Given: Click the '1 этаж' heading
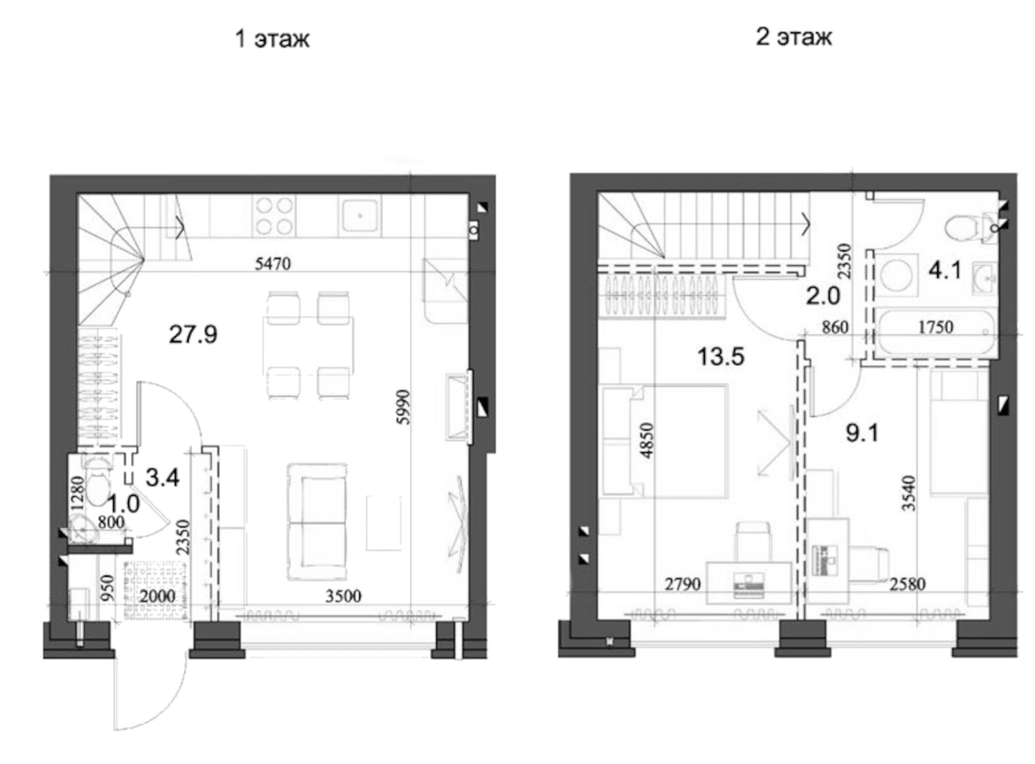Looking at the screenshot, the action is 272,38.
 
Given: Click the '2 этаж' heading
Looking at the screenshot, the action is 793,36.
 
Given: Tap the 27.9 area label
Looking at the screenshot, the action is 193,334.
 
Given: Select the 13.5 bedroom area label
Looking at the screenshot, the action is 720,356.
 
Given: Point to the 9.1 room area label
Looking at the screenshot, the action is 862,433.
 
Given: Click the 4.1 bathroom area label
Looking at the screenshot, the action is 945,269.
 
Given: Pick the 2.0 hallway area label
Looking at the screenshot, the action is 823,296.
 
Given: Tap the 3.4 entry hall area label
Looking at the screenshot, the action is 162,477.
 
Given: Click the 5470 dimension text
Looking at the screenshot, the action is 273,264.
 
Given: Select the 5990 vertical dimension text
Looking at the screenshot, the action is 404,407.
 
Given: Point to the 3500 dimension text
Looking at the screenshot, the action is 343,596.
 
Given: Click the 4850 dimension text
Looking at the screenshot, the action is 647,440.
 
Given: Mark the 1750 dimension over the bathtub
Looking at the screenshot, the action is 936,327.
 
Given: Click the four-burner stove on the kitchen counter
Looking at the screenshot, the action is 274,216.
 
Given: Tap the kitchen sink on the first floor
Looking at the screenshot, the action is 360,215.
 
